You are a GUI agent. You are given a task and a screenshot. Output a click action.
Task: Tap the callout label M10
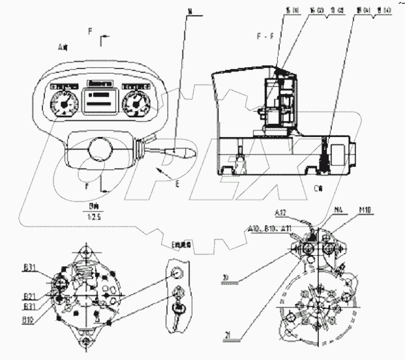(365, 211)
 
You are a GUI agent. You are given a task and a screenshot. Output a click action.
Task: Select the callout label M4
(338, 211)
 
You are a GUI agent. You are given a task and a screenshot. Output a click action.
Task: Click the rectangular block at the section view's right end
(342, 156)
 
